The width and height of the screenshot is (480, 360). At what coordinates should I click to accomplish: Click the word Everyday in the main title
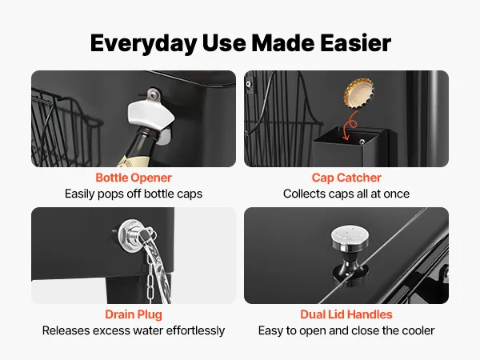point(143,44)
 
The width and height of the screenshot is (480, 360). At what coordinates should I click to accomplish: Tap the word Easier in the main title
point(356,43)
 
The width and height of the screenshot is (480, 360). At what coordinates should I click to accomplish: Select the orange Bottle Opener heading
point(134,178)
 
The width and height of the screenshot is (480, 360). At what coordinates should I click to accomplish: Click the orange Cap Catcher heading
point(346,178)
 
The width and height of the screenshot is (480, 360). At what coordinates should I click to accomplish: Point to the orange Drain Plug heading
point(134,314)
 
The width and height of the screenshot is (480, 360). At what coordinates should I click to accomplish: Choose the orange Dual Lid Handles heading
point(346,314)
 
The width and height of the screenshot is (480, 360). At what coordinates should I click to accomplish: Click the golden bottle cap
point(359,93)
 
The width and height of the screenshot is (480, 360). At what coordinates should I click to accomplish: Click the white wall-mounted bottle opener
point(150,114)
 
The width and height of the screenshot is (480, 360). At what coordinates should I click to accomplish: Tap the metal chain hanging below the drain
point(150,278)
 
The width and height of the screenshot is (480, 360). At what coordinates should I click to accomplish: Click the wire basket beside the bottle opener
point(66,129)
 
